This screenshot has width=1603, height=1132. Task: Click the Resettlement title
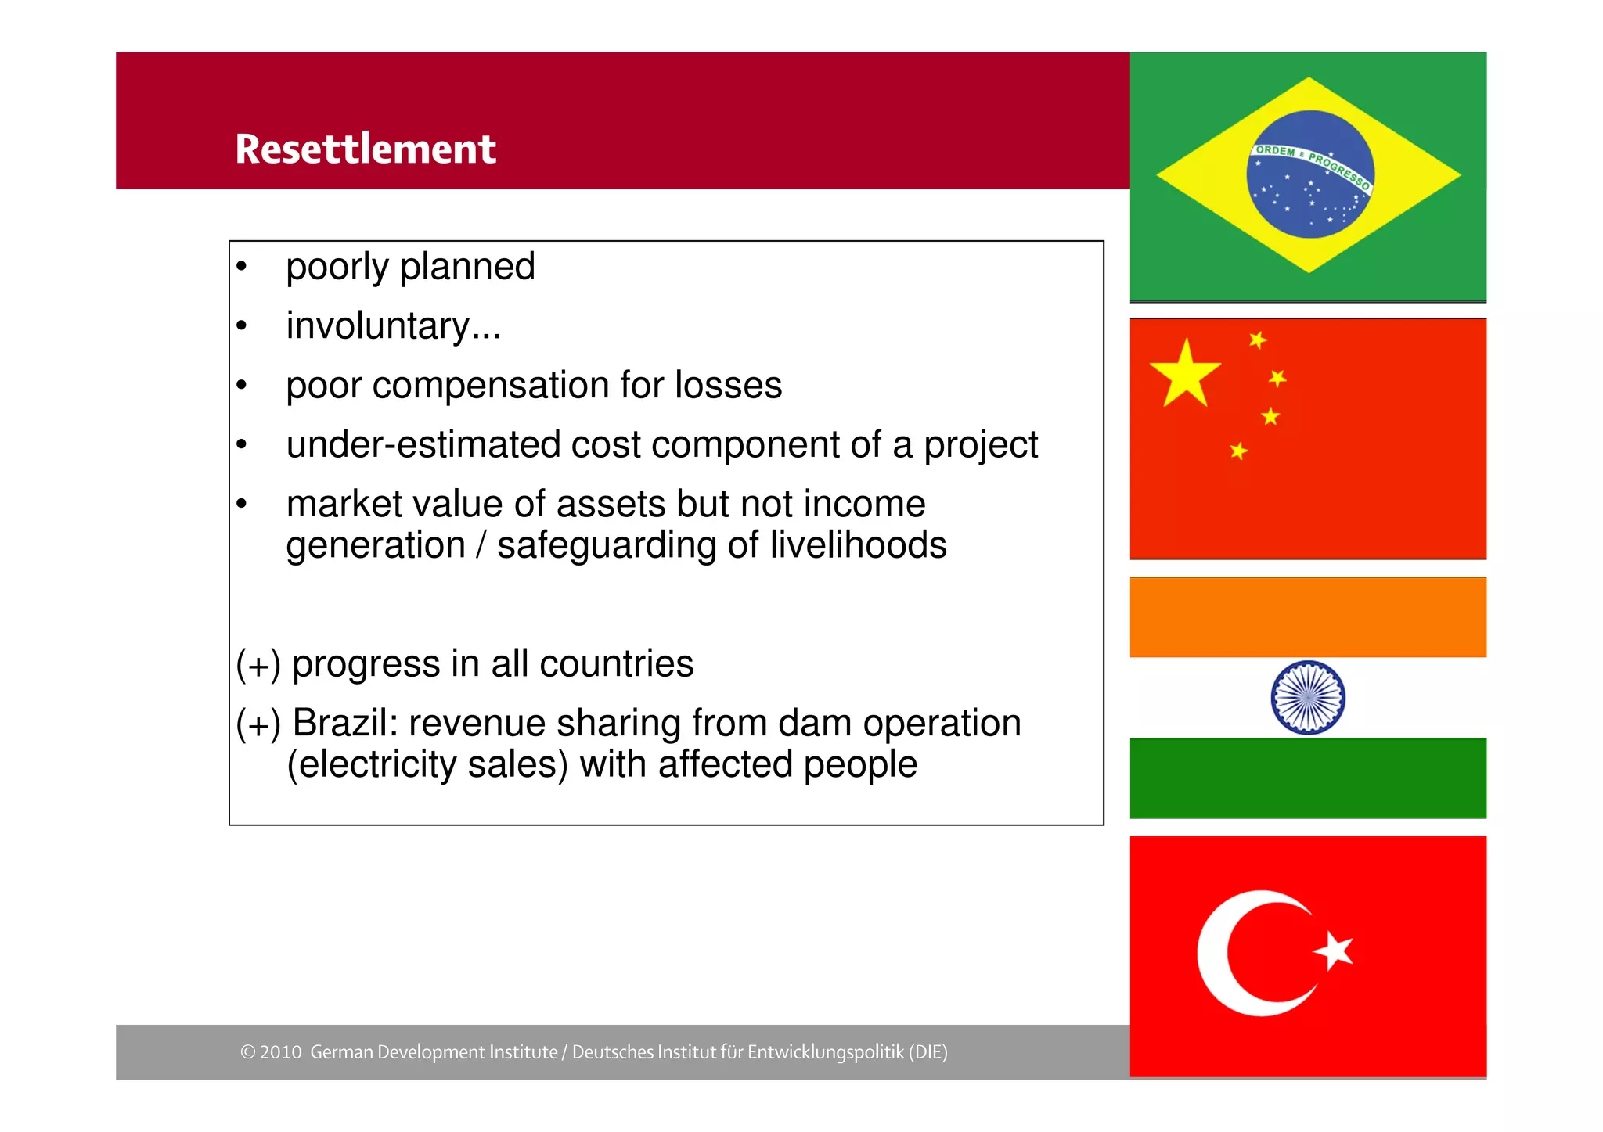(x=366, y=149)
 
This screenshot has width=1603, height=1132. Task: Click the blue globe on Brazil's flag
(x=1310, y=174)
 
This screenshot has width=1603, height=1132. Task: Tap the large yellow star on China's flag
(x=1185, y=374)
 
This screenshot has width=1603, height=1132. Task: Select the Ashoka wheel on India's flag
(x=1308, y=697)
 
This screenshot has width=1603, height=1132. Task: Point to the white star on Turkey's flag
(x=1334, y=951)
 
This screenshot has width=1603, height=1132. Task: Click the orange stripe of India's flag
(x=1308, y=617)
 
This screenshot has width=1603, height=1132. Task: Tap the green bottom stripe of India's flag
(x=1308, y=778)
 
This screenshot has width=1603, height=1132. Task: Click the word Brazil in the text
(x=344, y=724)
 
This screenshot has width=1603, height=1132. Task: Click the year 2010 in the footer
(x=281, y=1052)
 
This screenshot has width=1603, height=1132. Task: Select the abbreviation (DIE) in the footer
(x=928, y=1052)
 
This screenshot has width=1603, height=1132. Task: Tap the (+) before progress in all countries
(x=258, y=665)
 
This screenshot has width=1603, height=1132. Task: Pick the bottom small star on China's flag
(x=1238, y=451)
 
